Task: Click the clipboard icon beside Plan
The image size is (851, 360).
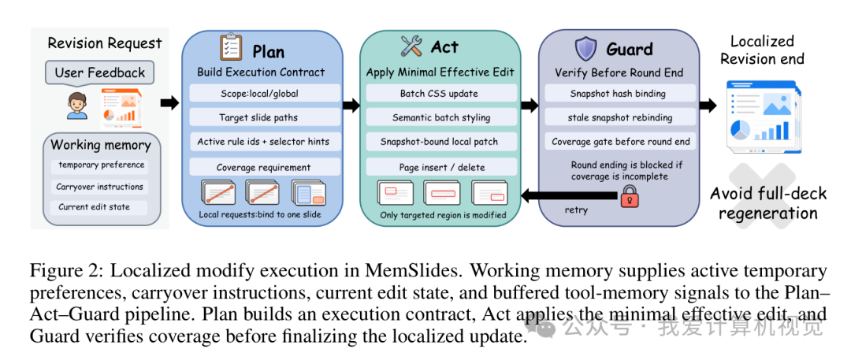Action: pyautogui.click(x=231, y=47)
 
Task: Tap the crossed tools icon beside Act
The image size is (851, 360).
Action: pyautogui.click(x=411, y=46)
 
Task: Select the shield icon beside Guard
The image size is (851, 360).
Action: pyautogui.click(x=585, y=49)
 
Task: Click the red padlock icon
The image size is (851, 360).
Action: pyautogui.click(x=630, y=195)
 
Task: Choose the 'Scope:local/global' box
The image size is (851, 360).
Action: pyautogui.click(x=265, y=93)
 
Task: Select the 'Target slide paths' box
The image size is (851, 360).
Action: pyautogui.click(x=265, y=117)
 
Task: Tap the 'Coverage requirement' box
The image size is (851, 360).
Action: pyautogui.click(x=265, y=167)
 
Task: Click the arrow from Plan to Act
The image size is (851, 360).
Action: pyautogui.click(x=351, y=106)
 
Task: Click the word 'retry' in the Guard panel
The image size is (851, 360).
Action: pyautogui.click(x=576, y=210)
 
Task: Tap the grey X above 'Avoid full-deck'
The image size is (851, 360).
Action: pyautogui.click(x=762, y=196)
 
